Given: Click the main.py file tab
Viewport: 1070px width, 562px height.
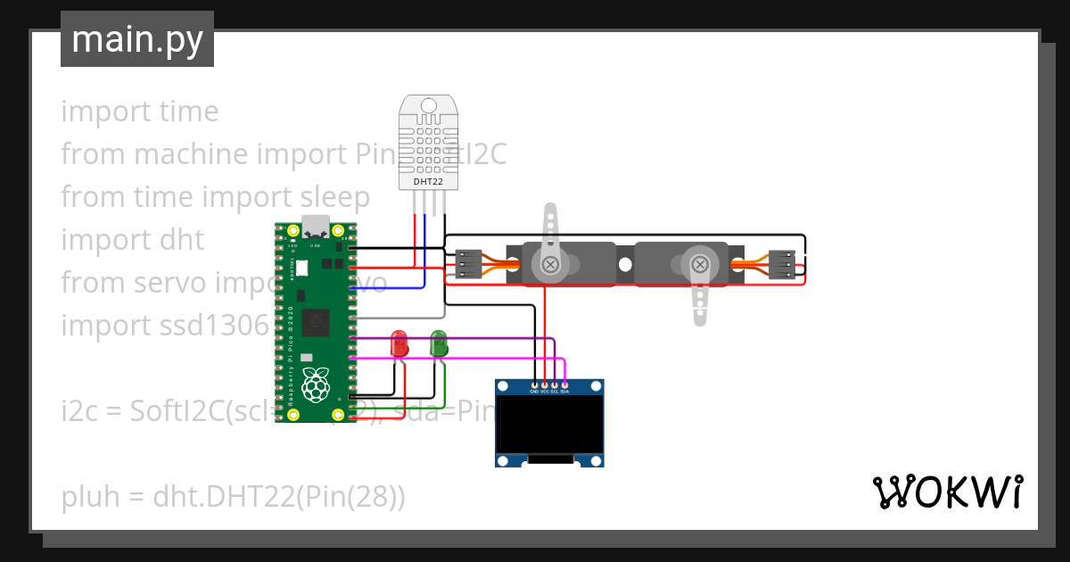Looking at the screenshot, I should pyautogui.click(x=136, y=39).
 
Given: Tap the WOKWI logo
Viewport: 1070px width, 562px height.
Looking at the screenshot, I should pyautogui.click(x=947, y=492).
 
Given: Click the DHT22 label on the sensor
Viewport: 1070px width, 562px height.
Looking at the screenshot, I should pyautogui.click(x=428, y=182).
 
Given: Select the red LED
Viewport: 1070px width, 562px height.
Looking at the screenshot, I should pyautogui.click(x=399, y=343).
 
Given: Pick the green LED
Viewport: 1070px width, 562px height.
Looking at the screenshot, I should pyautogui.click(x=439, y=343).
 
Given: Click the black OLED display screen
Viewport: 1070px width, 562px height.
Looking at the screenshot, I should pyautogui.click(x=549, y=425).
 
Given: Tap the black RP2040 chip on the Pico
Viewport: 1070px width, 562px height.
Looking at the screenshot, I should pyautogui.click(x=316, y=322).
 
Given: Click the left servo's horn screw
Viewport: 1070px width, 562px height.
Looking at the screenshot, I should pyautogui.click(x=551, y=264).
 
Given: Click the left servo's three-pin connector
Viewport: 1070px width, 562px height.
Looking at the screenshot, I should pyautogui.click(x=468, y=264).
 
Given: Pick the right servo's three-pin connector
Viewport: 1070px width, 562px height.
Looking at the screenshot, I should pyautogui.click(x=782, y=264).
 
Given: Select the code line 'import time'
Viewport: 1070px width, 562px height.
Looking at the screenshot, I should pyautogui.click(x=139, y=112).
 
